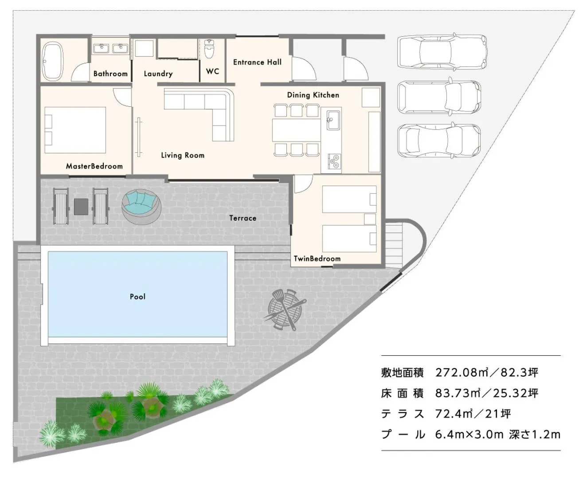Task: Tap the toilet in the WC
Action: [x=210, y=49]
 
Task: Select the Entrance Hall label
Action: [x=257, y=62]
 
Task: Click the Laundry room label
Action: [x=158, y=74]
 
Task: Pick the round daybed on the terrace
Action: [x=141, y=206]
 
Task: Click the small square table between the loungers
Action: [x=81, y=206]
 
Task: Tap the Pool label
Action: [x=137, y=296]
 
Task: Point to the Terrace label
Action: [x=243, y=218]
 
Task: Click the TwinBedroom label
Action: [x=317, y=258]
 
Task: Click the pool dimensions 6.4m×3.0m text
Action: [x=469, y=434]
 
